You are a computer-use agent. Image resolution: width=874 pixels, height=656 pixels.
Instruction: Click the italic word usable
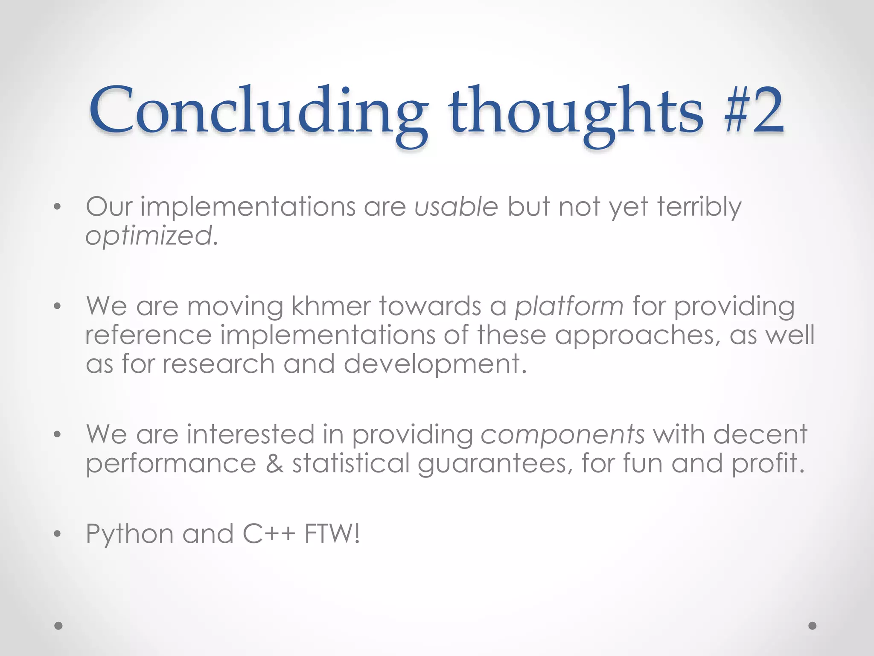point(456,207)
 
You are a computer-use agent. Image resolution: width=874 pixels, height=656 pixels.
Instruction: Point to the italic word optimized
point(149,236)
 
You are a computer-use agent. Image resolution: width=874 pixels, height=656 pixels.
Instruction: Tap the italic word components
point(562,435)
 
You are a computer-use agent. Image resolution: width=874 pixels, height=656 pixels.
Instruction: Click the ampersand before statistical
point(274,464)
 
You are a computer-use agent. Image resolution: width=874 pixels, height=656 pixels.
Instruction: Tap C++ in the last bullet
point(268,534)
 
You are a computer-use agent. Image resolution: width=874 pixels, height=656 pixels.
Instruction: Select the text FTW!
point(332,534)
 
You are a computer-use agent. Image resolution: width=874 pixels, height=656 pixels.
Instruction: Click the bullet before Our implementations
point(58,208)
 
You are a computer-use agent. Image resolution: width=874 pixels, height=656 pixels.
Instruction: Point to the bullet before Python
point(58,534)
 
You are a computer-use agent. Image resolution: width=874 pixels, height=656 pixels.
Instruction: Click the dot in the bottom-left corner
point(58,626)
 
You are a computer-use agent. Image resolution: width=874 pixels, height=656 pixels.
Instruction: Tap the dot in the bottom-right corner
point(812,626)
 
